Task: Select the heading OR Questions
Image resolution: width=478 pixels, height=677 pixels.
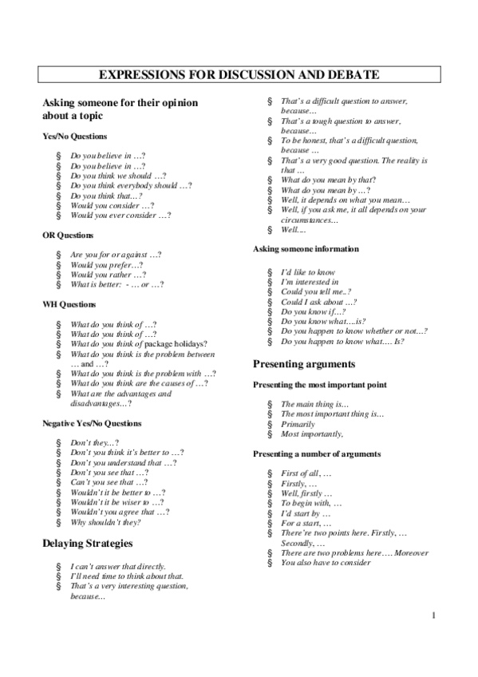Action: click(x=68, y=236)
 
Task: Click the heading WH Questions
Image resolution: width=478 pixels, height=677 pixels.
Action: click(x=69, y=305)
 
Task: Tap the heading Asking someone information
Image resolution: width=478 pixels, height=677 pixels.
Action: click(x=306, y=249)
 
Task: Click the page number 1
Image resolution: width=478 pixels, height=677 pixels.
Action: click(x=432, y=616)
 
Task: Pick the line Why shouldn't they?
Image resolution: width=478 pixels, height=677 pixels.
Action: click(x=105, y=522)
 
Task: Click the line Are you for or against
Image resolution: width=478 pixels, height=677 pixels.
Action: click(x=116, y=255)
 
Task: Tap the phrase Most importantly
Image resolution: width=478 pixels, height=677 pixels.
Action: click(x=312, y=434)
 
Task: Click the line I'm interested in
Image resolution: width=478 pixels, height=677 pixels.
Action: click(x=310, y=282)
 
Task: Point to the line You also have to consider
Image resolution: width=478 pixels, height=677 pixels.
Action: click(x=326, y=563)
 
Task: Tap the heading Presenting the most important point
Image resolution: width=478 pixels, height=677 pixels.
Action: click(x=319, y=385)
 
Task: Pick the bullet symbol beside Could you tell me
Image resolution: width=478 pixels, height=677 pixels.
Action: click(x=271, y=292)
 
